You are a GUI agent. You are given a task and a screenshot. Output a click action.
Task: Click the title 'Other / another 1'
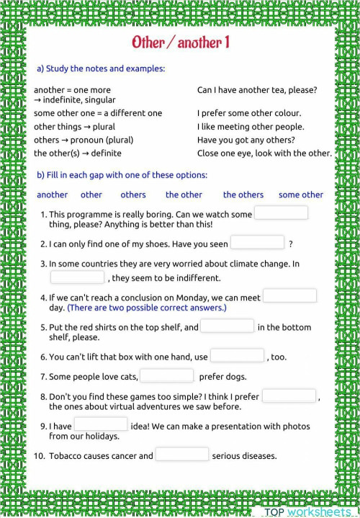pos(180,43)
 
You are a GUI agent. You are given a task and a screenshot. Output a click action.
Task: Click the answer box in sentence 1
pos(282,213)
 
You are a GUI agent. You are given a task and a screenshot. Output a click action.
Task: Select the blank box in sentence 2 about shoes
pos(258,243)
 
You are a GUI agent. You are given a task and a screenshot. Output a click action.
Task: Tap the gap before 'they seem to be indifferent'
pos(77,277)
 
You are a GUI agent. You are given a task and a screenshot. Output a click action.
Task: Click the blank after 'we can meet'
pos(289,296)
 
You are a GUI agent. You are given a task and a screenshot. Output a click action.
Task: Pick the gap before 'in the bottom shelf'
pos(227,326)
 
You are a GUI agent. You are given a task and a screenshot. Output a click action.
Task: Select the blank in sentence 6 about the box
pos(237,356)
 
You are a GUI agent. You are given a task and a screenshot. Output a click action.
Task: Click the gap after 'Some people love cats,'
pos(167,375)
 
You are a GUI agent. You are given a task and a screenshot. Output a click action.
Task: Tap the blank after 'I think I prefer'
pos(289,396)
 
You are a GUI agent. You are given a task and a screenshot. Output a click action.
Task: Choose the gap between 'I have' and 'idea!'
pos(101,425)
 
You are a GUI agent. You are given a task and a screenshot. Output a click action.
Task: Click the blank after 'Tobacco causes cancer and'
pos(182,455)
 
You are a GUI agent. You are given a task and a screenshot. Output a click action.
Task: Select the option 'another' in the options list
pos(52,195)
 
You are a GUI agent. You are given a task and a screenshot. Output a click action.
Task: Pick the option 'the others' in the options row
pos(243,195)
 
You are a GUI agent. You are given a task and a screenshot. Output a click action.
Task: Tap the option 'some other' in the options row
pos(301,195)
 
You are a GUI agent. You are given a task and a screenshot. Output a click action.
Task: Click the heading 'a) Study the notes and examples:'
pos(101,69)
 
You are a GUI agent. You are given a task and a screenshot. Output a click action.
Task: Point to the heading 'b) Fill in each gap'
pos(122,175)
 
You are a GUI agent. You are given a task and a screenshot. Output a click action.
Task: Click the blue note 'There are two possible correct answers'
pos(147,308)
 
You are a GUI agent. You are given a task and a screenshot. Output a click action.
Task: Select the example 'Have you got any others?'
pos(244,140)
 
